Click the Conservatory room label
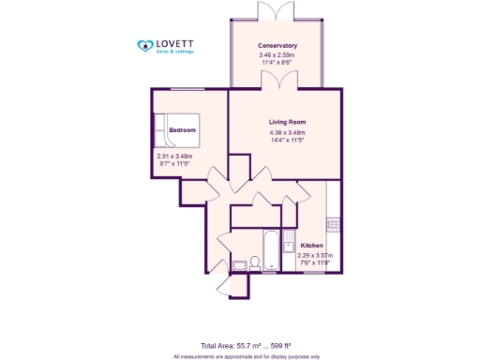tap(277, 46)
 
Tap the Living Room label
tap(287, 123)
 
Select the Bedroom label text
tap(183, 128)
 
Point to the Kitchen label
tap(311, 245)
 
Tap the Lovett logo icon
tap(145, 45)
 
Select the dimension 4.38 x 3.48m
tap(287, 133)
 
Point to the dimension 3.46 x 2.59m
tap(277, 54)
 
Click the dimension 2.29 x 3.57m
tap(316, 255)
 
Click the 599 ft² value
tap(290, 346)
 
